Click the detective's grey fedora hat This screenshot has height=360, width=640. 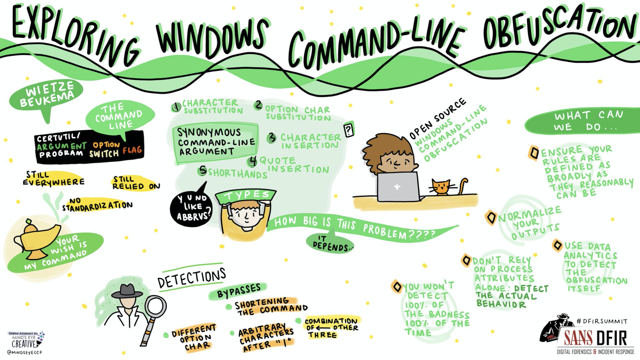(127, 291)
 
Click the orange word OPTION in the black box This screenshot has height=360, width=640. (106, 145)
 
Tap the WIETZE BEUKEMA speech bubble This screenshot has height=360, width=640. (47, 94)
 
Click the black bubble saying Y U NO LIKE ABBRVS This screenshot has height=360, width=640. (192, 207)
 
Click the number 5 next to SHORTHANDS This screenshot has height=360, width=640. (202, 170)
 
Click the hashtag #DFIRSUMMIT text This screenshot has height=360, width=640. (602, 321)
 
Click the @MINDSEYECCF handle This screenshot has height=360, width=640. (25, 352)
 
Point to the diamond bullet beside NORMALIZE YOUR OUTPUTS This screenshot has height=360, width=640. (491, 217)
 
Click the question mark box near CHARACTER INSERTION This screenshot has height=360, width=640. (348, 130)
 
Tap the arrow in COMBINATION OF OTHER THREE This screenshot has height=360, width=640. (323, 328)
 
